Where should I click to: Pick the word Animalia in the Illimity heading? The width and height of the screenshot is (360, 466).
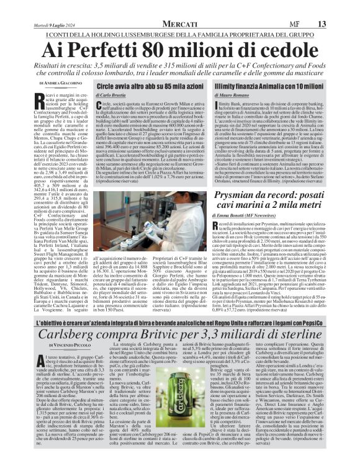(x=292, y=85)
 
